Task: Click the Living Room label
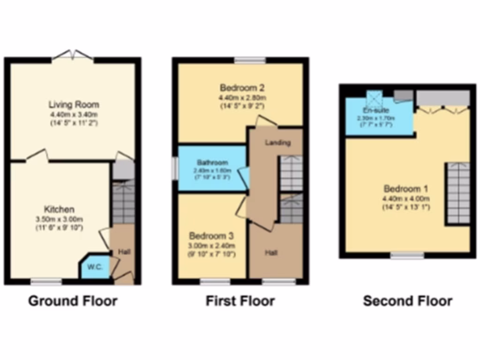click(74, 105)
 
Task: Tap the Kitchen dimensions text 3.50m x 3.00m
click(60, 219)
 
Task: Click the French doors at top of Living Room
click(72, 56)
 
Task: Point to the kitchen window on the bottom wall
click(46, 282)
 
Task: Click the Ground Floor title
click(73, 300)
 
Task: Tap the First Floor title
click(240, 300)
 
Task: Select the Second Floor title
click(407, 300)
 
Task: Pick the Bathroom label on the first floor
click(212, 163)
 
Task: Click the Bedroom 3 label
click(211, 235)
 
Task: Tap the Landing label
click(278, 142)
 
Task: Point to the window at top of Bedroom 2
click(250, 60)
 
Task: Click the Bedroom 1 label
click(406, 189)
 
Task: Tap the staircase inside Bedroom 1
click(457, 193)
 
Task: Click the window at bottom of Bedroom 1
click(407, 255)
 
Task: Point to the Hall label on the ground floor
click(124, 252)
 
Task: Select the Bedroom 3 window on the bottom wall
click(215, 282)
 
